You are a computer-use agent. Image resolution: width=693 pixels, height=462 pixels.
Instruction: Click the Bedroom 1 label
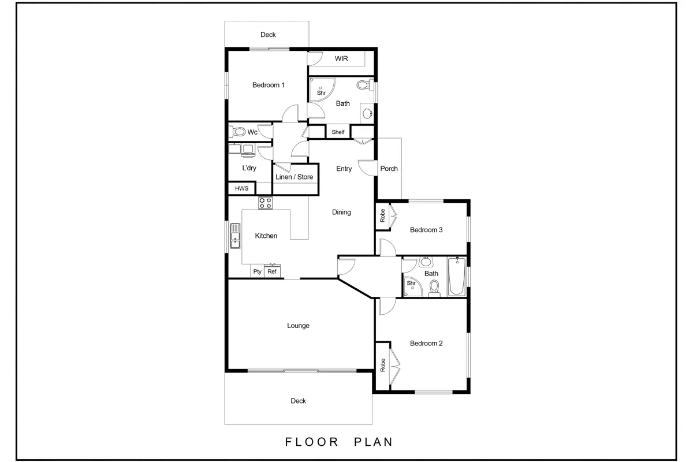[268, 85]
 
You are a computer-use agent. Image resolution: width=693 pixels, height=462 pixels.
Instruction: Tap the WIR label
[341, 58]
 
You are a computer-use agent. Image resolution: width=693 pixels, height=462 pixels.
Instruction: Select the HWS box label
[241, 188]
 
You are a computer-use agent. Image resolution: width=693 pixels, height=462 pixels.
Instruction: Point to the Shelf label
[338, 132]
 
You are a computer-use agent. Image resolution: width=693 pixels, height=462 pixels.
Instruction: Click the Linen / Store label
[294, 177]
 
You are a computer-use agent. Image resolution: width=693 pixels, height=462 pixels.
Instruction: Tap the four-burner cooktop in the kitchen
[266, 203]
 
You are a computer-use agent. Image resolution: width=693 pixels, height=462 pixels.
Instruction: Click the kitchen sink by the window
[235, 236]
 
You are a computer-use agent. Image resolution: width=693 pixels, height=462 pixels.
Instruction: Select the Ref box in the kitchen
[272, 271]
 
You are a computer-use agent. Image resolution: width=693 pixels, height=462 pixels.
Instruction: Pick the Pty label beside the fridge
[257, 271]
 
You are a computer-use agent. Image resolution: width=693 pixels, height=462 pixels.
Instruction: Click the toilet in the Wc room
[237, 132]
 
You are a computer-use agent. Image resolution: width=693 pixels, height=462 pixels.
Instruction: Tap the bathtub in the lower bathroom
[457, 276]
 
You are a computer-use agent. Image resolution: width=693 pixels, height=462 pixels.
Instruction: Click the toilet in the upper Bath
[365, 85]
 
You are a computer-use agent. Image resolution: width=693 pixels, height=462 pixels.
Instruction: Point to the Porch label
[389, 169]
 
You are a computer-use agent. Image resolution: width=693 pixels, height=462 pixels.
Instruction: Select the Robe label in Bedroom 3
[383, 215]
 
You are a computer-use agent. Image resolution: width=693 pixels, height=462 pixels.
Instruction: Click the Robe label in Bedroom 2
[383, 365]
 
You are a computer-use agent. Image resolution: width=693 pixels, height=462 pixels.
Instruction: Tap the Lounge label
[298, 326]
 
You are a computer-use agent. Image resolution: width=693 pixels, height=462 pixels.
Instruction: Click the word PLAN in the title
[374, 442]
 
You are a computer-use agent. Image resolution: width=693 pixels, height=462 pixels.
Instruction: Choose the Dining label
[341, 213]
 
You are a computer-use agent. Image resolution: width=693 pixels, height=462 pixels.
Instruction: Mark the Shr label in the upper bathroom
[321, 93]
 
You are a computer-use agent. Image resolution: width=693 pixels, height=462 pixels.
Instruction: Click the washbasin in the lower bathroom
[426, 262]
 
